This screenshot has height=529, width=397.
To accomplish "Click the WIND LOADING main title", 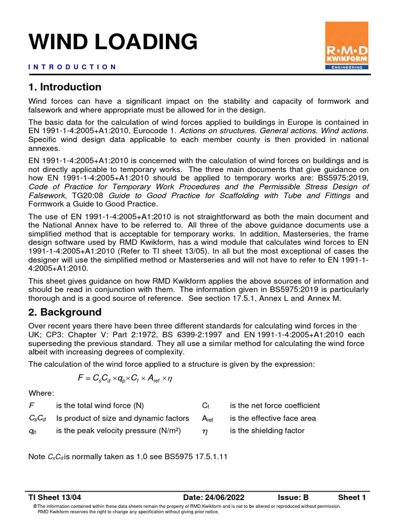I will (113, 41).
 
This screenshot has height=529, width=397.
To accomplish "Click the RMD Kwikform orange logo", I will (346, 45).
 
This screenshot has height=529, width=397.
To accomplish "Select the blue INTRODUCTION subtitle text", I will (72, 67).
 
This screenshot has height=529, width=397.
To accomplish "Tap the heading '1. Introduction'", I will (65, 87).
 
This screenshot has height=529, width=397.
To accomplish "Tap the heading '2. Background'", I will (65, 312).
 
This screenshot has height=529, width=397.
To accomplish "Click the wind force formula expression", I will (125, 379).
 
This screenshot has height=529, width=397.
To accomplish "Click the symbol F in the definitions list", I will (30, 406).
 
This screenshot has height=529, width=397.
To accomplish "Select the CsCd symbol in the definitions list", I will (35, 418).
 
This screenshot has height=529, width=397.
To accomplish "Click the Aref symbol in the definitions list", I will (208, 418).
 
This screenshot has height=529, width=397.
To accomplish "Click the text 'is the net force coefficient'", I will (274, 406).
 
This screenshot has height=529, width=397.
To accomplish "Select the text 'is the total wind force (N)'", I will (100, 406).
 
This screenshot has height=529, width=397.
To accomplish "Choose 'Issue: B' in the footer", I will (293, 497).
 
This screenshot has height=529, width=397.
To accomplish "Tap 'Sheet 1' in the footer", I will (352, 497).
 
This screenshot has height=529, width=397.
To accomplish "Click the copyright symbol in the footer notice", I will (35, 506).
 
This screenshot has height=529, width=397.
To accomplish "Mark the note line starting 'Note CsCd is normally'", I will (128, 457).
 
